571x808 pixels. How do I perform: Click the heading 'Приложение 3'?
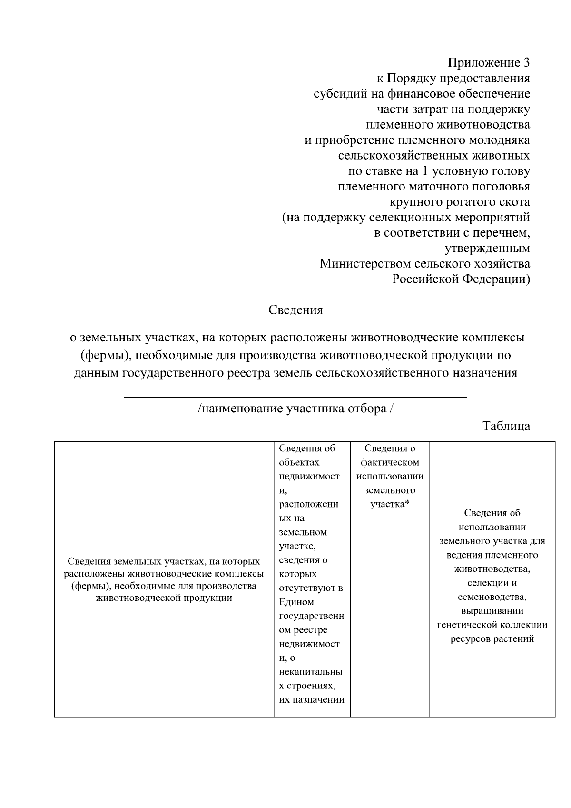point(489,63)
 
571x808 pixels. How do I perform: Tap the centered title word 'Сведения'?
point(295,310)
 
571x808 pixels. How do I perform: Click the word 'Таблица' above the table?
point(506,426)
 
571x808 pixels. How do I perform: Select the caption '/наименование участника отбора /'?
point(295,409)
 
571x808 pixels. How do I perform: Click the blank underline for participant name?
point(295,396)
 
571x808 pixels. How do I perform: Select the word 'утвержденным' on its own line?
point(487,249)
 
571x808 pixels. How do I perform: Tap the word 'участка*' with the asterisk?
point(390,504)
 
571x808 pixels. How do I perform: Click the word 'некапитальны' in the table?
point(310,672)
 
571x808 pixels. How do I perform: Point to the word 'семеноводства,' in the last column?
point(492,597)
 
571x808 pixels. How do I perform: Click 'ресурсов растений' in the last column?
point(492,639)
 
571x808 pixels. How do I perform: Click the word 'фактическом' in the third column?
point(390,462)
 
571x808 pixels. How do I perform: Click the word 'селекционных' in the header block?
point(409,218)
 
